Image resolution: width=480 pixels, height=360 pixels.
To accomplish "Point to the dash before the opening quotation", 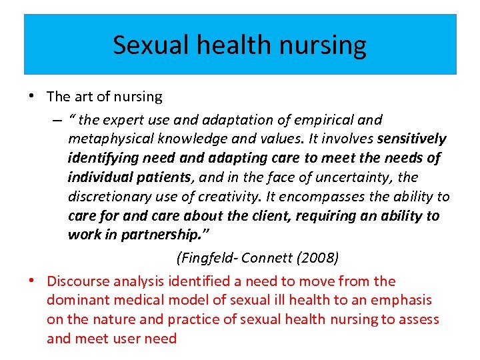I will pyautogui.click(x=59, y=120).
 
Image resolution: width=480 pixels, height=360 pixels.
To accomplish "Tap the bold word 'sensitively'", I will pyautogui.click(x=411, y=139).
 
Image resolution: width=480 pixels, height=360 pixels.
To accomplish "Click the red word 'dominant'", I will pyautogui.click(x=77, y=301).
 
